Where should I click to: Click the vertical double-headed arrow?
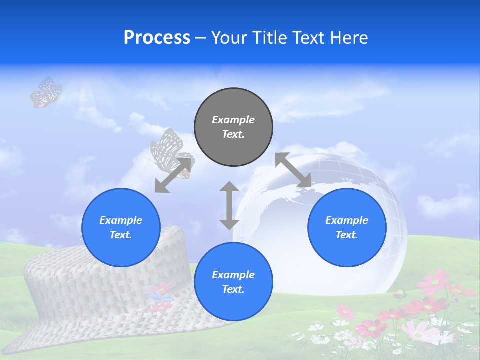pyautogui.click(x=229, y=205)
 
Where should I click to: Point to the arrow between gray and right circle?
pyautogui.click(x=293, y=170)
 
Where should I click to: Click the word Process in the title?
pyautogui.click(x=157, y=38)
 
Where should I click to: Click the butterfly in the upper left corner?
pyautogui.click(x=45, y=92)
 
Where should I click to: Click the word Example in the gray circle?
pyautogui.click(x=233, y=120)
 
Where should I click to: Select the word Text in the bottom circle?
pyautogui.click(x=233, y=289)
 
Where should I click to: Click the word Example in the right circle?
pyautogui.click(x=347, y=220)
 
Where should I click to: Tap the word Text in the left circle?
pyautogui.click(x=120, y=235)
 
